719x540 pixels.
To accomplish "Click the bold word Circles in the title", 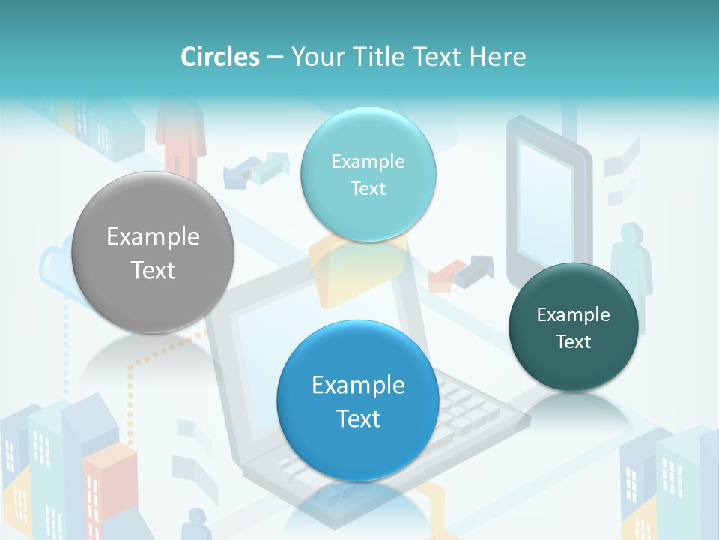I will tap(219, 57).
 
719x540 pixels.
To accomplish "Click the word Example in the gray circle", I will tap(153, 237).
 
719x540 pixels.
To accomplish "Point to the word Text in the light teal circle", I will tap(368, 188).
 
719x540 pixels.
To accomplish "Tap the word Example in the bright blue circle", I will tap(358, 385).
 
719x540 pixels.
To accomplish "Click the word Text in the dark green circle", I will tap(574, 342).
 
